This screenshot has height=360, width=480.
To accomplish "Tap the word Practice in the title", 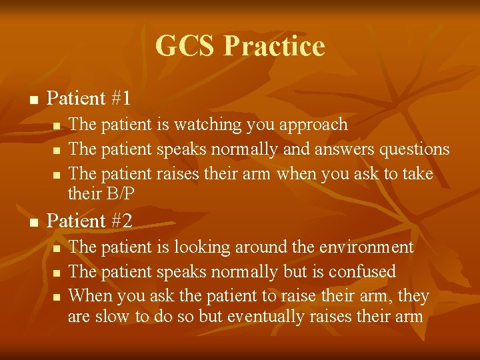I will (274, 46).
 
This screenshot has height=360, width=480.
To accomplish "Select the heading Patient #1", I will (89, 99).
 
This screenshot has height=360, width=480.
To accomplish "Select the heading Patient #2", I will (89, 221).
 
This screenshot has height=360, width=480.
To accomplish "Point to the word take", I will (417, 174).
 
